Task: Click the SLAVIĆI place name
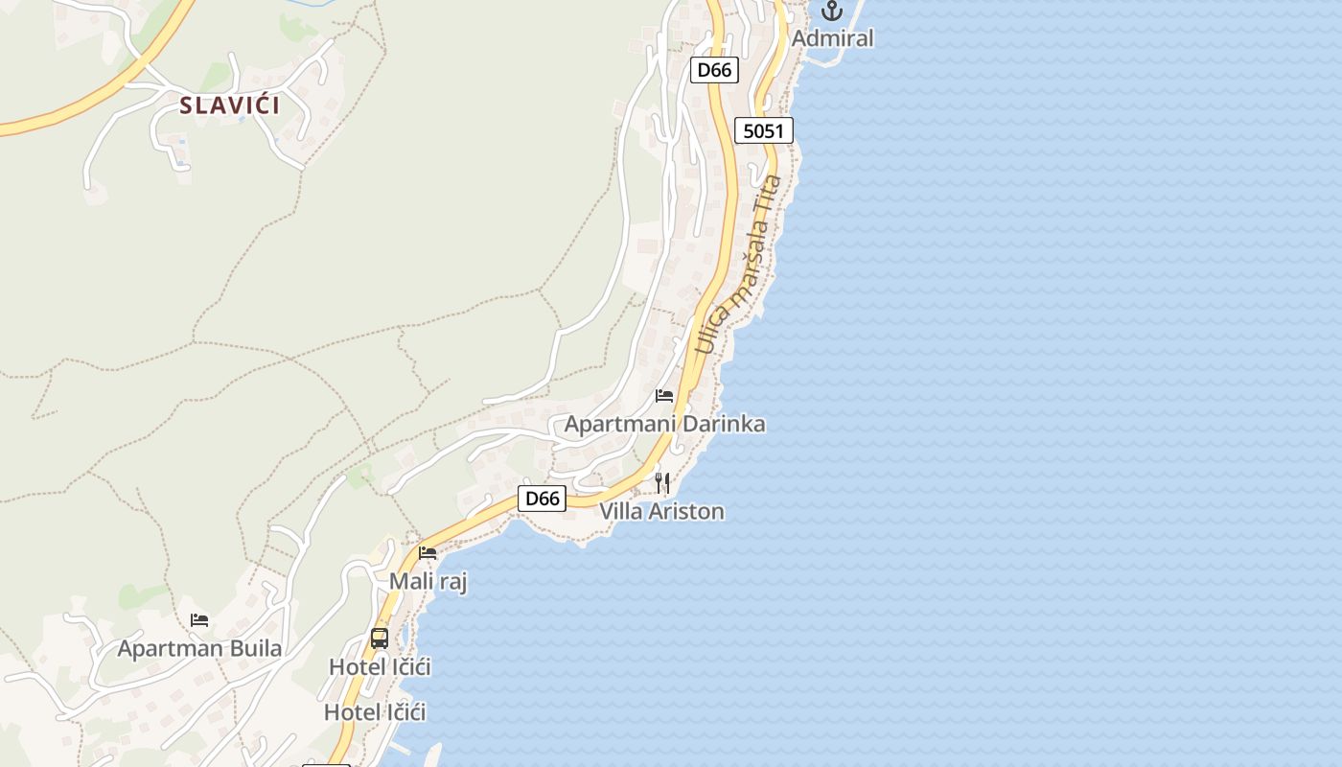click(230, 105)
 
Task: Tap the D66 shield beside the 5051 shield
click(714, 70)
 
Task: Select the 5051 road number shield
click(764, 130)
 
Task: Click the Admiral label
click(833, 38)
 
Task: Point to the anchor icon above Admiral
click(831, 12)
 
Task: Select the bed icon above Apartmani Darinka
click(664, 395)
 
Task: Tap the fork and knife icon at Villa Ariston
click(661, 482)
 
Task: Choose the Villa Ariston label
click(662, 511)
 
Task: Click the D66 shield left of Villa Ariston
click(543, 499)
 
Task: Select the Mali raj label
click(428, 581)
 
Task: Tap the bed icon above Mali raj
click(428, 553)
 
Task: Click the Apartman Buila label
click(199, 648)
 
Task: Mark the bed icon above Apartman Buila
click(199, 620)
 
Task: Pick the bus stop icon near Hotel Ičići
click(380, 639)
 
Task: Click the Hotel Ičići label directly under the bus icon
click(380, 666)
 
